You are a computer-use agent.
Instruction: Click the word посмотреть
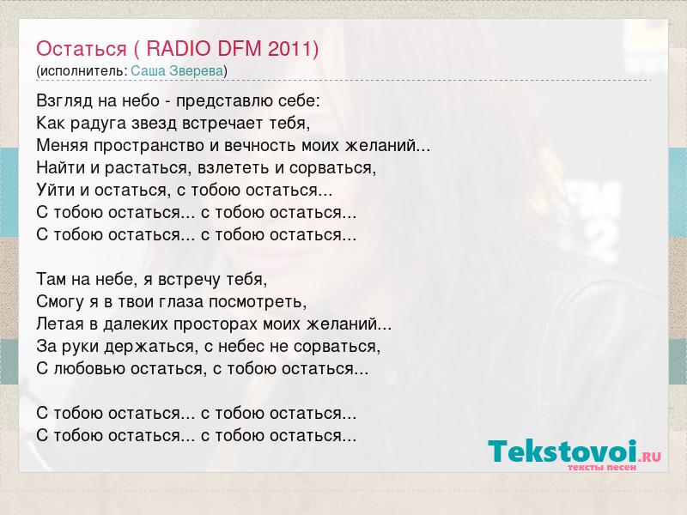[x=258, y=302]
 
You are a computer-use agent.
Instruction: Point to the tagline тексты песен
[x=602, y=467]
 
